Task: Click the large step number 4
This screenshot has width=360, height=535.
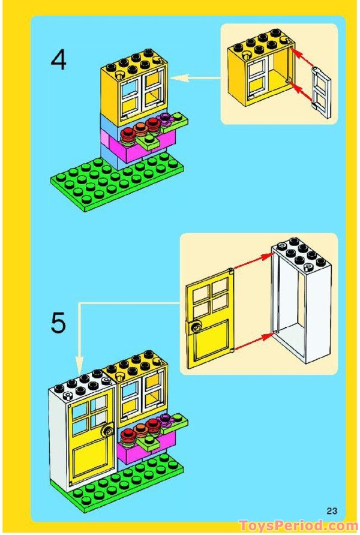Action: click(58, 62)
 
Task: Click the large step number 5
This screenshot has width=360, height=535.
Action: click(58, 323)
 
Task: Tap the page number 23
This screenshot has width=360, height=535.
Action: click(332, 510)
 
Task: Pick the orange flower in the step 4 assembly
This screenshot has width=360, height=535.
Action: click(140, 128)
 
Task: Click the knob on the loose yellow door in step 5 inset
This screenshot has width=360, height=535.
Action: click(196, 327)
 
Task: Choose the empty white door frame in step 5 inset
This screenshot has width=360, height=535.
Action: click(299, 300)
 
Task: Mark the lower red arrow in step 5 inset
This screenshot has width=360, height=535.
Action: click(253, 341)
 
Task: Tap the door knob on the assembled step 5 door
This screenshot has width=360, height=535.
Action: click(109, 430)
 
